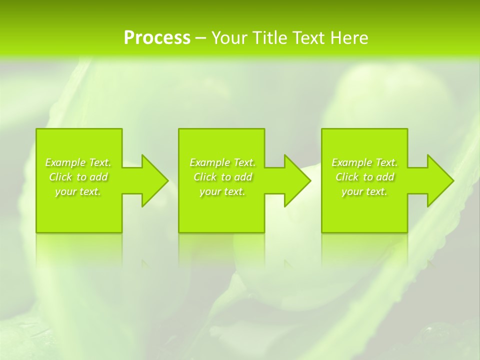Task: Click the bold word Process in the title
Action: pyautogui.click(x=157, y=38)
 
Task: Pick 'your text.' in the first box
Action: pyautogui.click(x=78, y=191)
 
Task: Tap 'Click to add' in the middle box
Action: pyautogui.click(x=222, y=177)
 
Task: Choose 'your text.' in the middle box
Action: pyautogui.click(x=222, y=191)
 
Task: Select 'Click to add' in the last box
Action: pyautogui.click(x=364, y=177)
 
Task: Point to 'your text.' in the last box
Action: pyautogui.click(x=364, y=191)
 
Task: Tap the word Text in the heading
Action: pyautogui.click(x=308, y=38)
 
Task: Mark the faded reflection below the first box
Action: pyautogui.click(x=79, y=247)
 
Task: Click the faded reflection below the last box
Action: pyautogui.click(x=364, y=247)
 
